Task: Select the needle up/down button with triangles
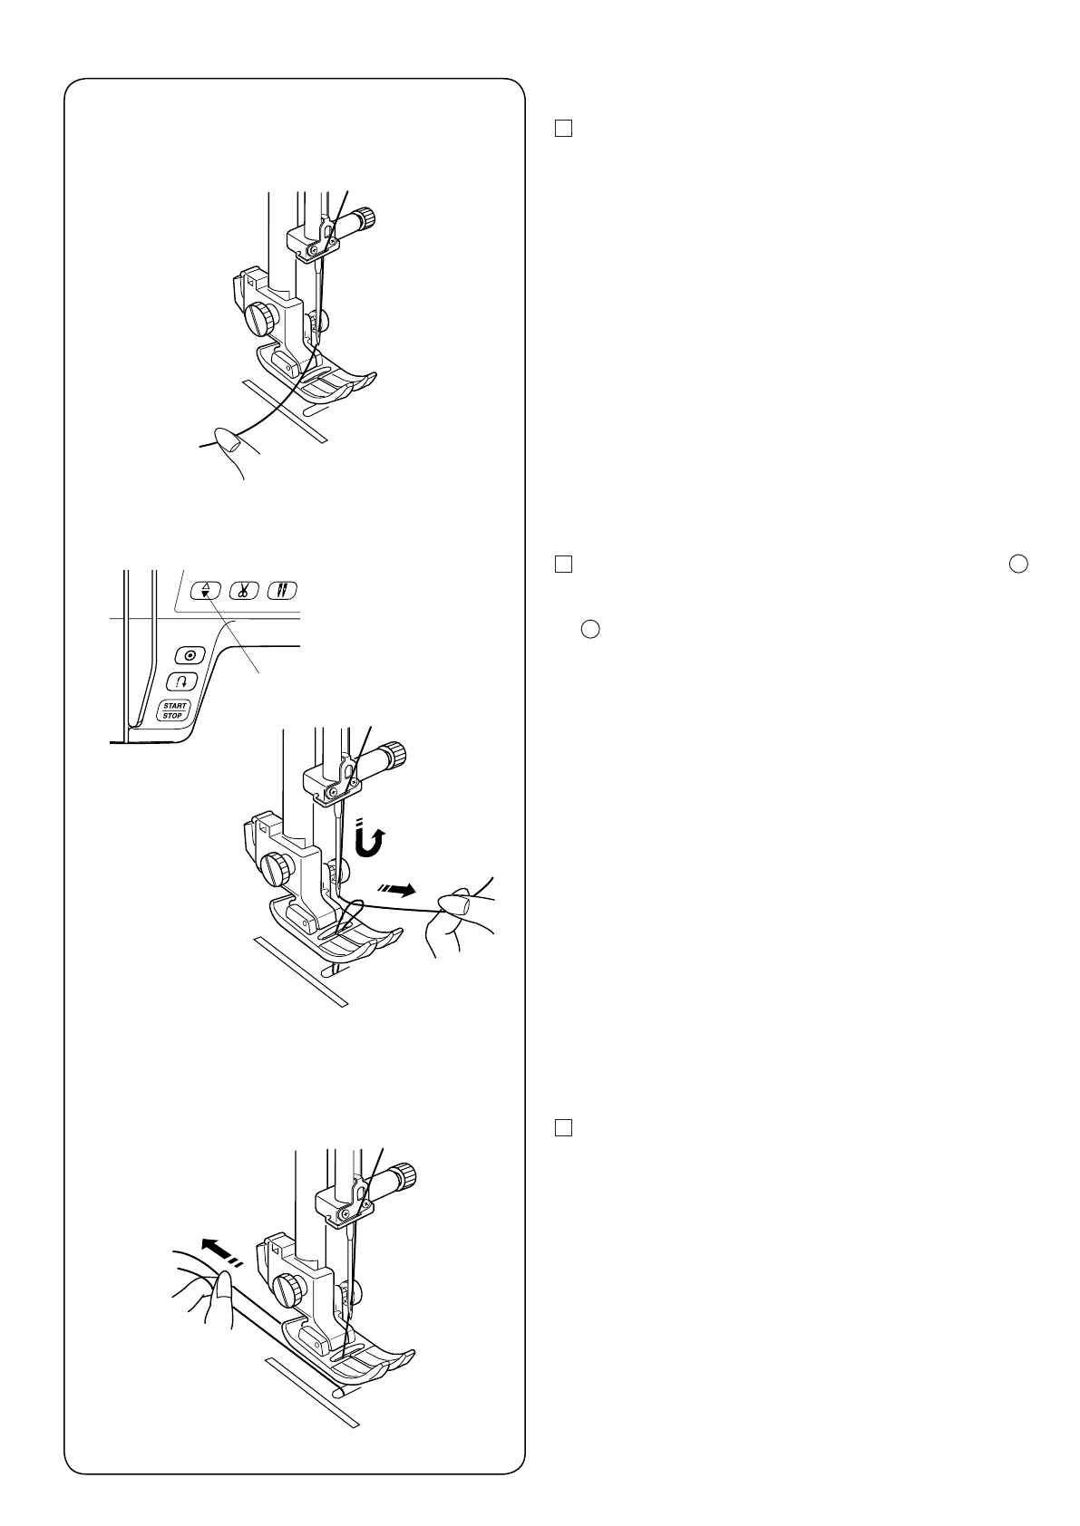coord(206,591)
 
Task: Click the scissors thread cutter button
coord(243,591)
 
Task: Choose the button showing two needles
coord(281,591)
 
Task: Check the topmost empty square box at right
coord(563,129)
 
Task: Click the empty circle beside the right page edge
coord(1018,564)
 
